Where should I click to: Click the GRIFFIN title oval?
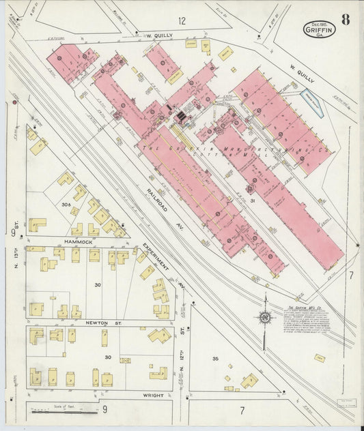tap(319, 29)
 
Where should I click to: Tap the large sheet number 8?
tap(346, 20)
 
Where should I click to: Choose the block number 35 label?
tap(216, 358)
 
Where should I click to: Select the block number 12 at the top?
tap(181, 21)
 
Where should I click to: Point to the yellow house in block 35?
tap(249, 381)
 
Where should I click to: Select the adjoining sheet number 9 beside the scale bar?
tap(104, 410)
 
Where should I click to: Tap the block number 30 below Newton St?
tap(107, 357)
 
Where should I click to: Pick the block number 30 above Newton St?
tap(98, 284)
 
